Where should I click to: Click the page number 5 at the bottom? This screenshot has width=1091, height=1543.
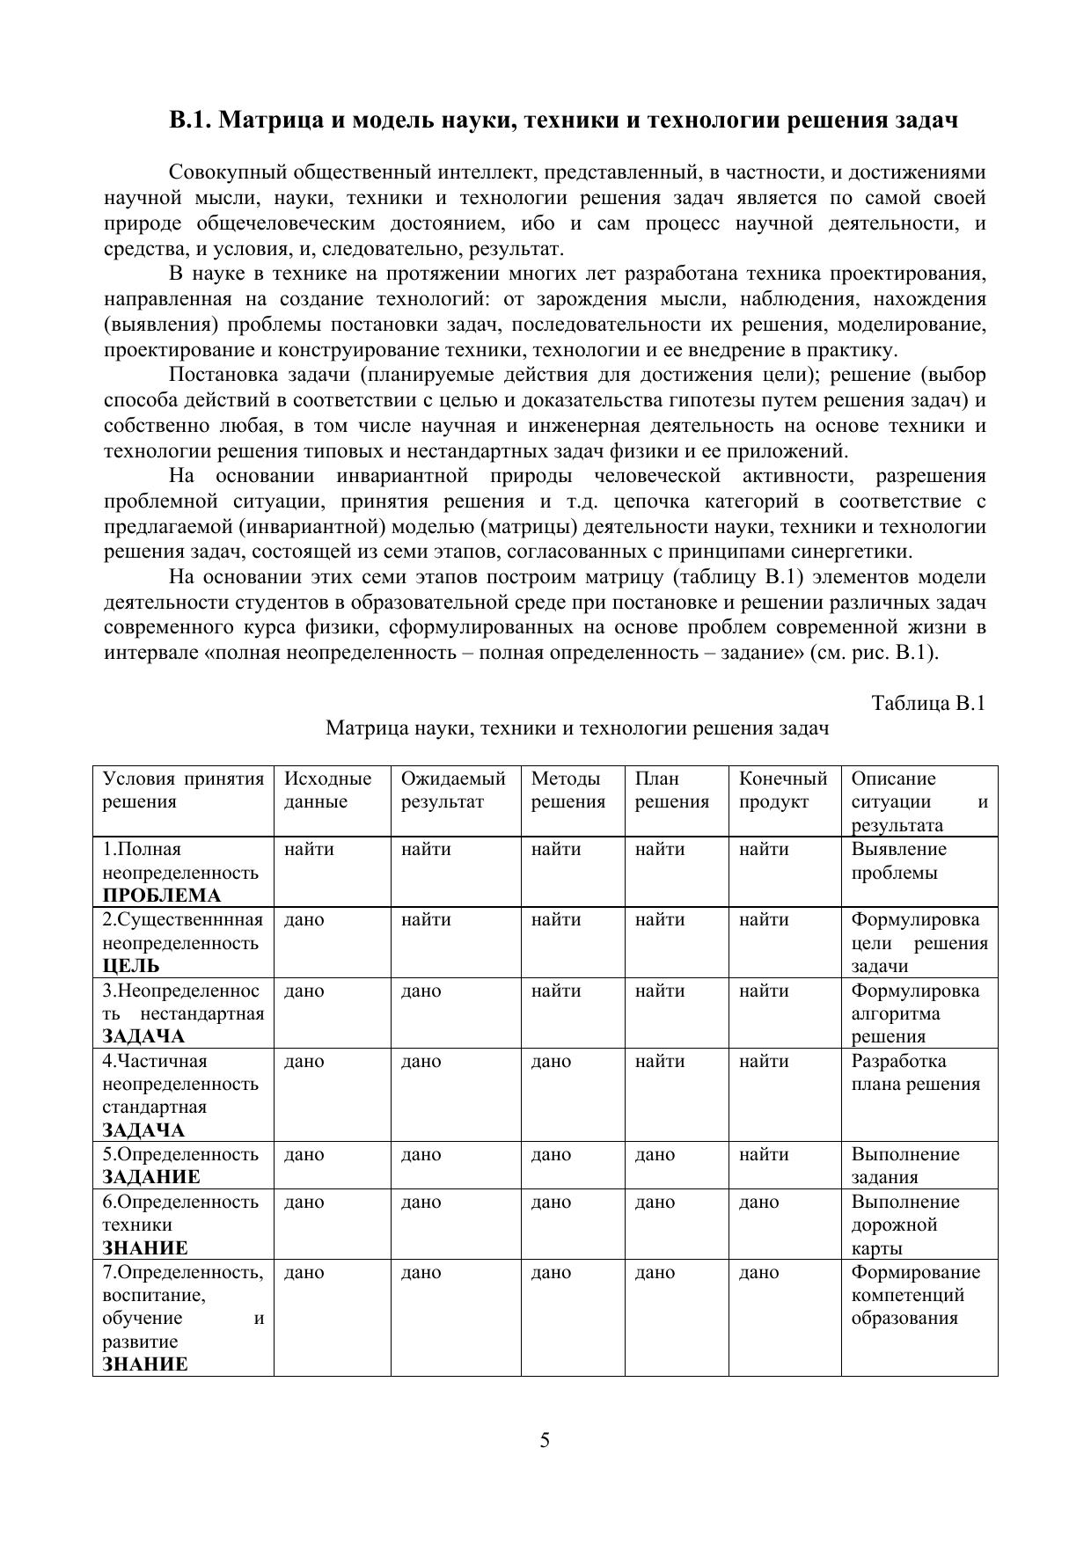tap(545, 1440)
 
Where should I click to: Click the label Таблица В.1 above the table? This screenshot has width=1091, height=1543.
tap(928, 703)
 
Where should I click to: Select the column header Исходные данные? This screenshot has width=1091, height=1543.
tap(327, 790)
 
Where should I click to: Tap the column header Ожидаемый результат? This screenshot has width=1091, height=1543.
tap(453, 790)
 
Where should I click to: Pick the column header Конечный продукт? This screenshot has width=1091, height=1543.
tap(783, 790)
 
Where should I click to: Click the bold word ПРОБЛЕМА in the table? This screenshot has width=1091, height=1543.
tap(162, 896)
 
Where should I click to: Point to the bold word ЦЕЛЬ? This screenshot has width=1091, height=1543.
tap(131, 966)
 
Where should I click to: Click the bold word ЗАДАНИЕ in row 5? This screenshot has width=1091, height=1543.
tap(151, 1177)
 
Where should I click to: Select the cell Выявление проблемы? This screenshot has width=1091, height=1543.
tap(899, 861)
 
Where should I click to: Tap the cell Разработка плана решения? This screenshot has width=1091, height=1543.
tap(915, 1072)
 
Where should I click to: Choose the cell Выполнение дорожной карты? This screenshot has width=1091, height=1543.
tap(904, 1225)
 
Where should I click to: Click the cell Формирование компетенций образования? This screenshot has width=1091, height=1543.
tap(915, 1295)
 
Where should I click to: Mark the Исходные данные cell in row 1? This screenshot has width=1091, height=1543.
tap(309, 850)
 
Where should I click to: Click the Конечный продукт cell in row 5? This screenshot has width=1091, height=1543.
tap(764, 1154)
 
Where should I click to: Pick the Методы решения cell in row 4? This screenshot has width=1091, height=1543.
tap(551, 1061)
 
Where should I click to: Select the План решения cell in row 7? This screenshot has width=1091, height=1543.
tap(655, 1272)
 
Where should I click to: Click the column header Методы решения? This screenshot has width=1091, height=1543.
tap(568, 790)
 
